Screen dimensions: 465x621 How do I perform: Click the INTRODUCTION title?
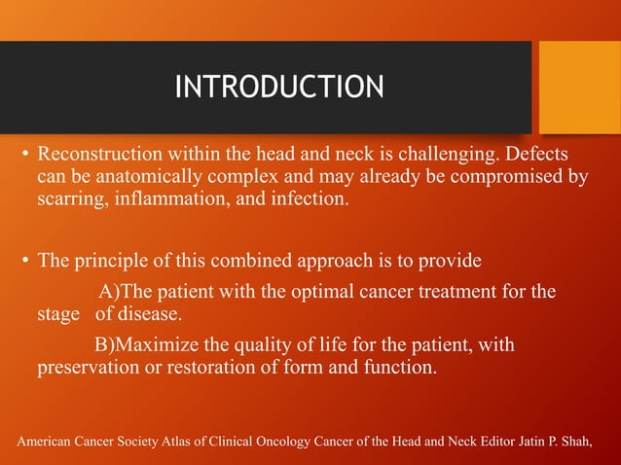coord(278,88)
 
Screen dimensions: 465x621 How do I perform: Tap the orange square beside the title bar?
coord(579,87)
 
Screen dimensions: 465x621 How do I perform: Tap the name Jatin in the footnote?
coord(538,444)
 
